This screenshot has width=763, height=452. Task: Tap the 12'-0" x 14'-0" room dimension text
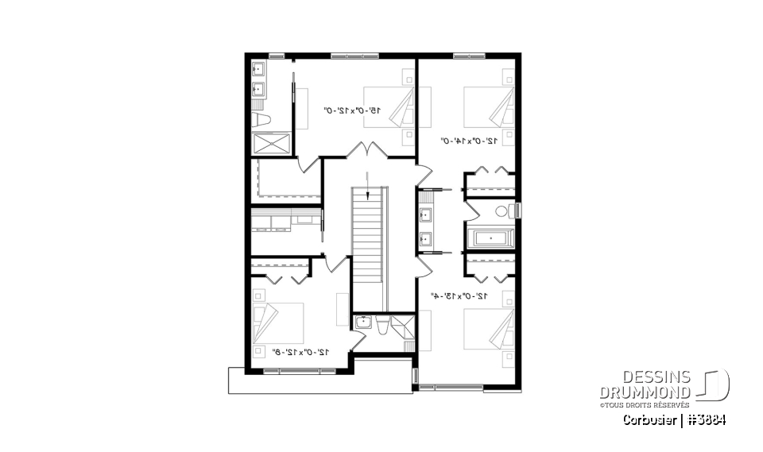tap(469, 141)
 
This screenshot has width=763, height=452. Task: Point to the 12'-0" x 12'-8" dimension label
tap(300, 350)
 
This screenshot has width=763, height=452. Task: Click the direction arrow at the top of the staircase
tap(368, 182)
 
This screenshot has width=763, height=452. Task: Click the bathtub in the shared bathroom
tap(490, 238)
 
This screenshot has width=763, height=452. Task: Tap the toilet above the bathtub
tap(503, 211)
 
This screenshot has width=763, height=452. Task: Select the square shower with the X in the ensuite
tap(269, 145)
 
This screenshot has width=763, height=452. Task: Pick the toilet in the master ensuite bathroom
tap(261, 120)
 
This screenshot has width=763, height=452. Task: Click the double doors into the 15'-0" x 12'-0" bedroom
tap(367, 150)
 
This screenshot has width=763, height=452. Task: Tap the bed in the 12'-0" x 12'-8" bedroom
tap(278, 325)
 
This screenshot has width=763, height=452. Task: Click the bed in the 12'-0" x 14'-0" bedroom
tap(490, 107)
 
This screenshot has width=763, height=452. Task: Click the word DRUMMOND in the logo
tap(645, 392)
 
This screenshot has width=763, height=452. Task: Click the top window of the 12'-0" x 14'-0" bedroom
tap(470, 56)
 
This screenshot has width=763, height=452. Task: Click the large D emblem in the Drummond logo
tap(713, 384)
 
